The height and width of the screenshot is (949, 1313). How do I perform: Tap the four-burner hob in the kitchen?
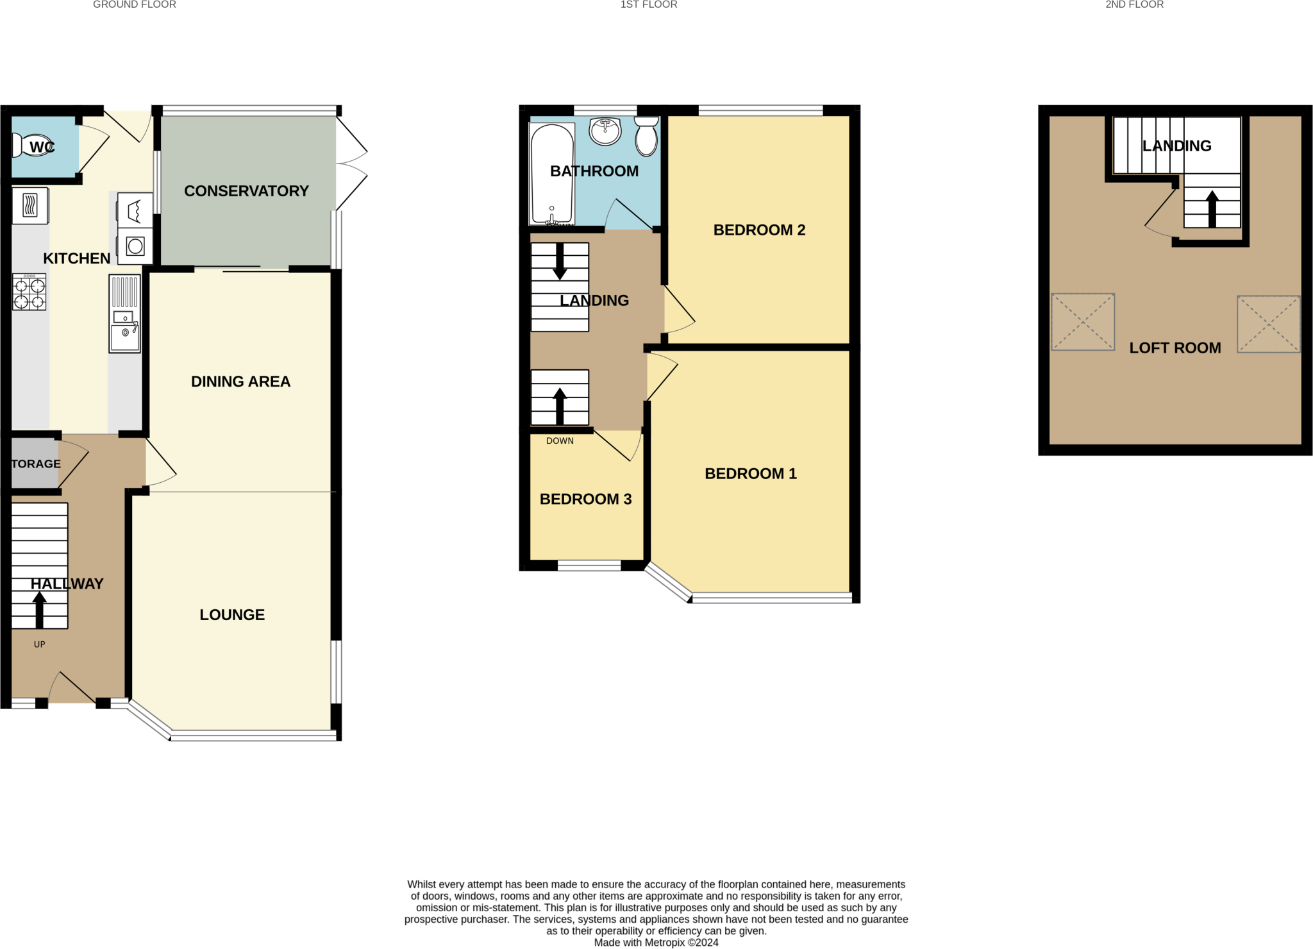click(29, 292)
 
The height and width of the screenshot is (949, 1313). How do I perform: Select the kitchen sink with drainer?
click(124, 314)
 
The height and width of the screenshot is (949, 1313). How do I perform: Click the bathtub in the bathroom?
click(551, 173)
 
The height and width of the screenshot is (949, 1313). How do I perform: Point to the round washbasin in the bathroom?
click(605, 131)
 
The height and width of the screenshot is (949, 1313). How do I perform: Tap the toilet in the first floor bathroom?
click(646, 136)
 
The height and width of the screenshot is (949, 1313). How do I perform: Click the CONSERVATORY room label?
click(246, 191)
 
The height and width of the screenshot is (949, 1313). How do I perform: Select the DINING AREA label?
click(240, 382)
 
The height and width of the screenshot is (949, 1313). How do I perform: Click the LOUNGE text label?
click(232, 615)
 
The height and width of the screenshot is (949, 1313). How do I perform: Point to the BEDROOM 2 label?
click(759, 230)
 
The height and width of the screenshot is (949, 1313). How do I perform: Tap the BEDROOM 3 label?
click(585, 499)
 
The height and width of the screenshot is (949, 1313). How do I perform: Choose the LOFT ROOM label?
click(1175, 348)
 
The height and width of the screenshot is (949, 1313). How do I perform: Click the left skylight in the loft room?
click(1083, 322)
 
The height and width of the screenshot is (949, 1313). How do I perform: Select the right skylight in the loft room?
click(1268, 324)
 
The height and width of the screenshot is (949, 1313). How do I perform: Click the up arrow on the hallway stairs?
click(39, 609)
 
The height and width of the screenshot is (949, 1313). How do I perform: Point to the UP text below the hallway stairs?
click(40, 644)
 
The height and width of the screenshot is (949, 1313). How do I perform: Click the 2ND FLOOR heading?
click(1134, 4)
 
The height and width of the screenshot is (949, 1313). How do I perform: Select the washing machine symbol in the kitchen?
click(135, 246)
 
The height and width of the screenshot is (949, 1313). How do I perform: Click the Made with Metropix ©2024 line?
click(656, 943)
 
